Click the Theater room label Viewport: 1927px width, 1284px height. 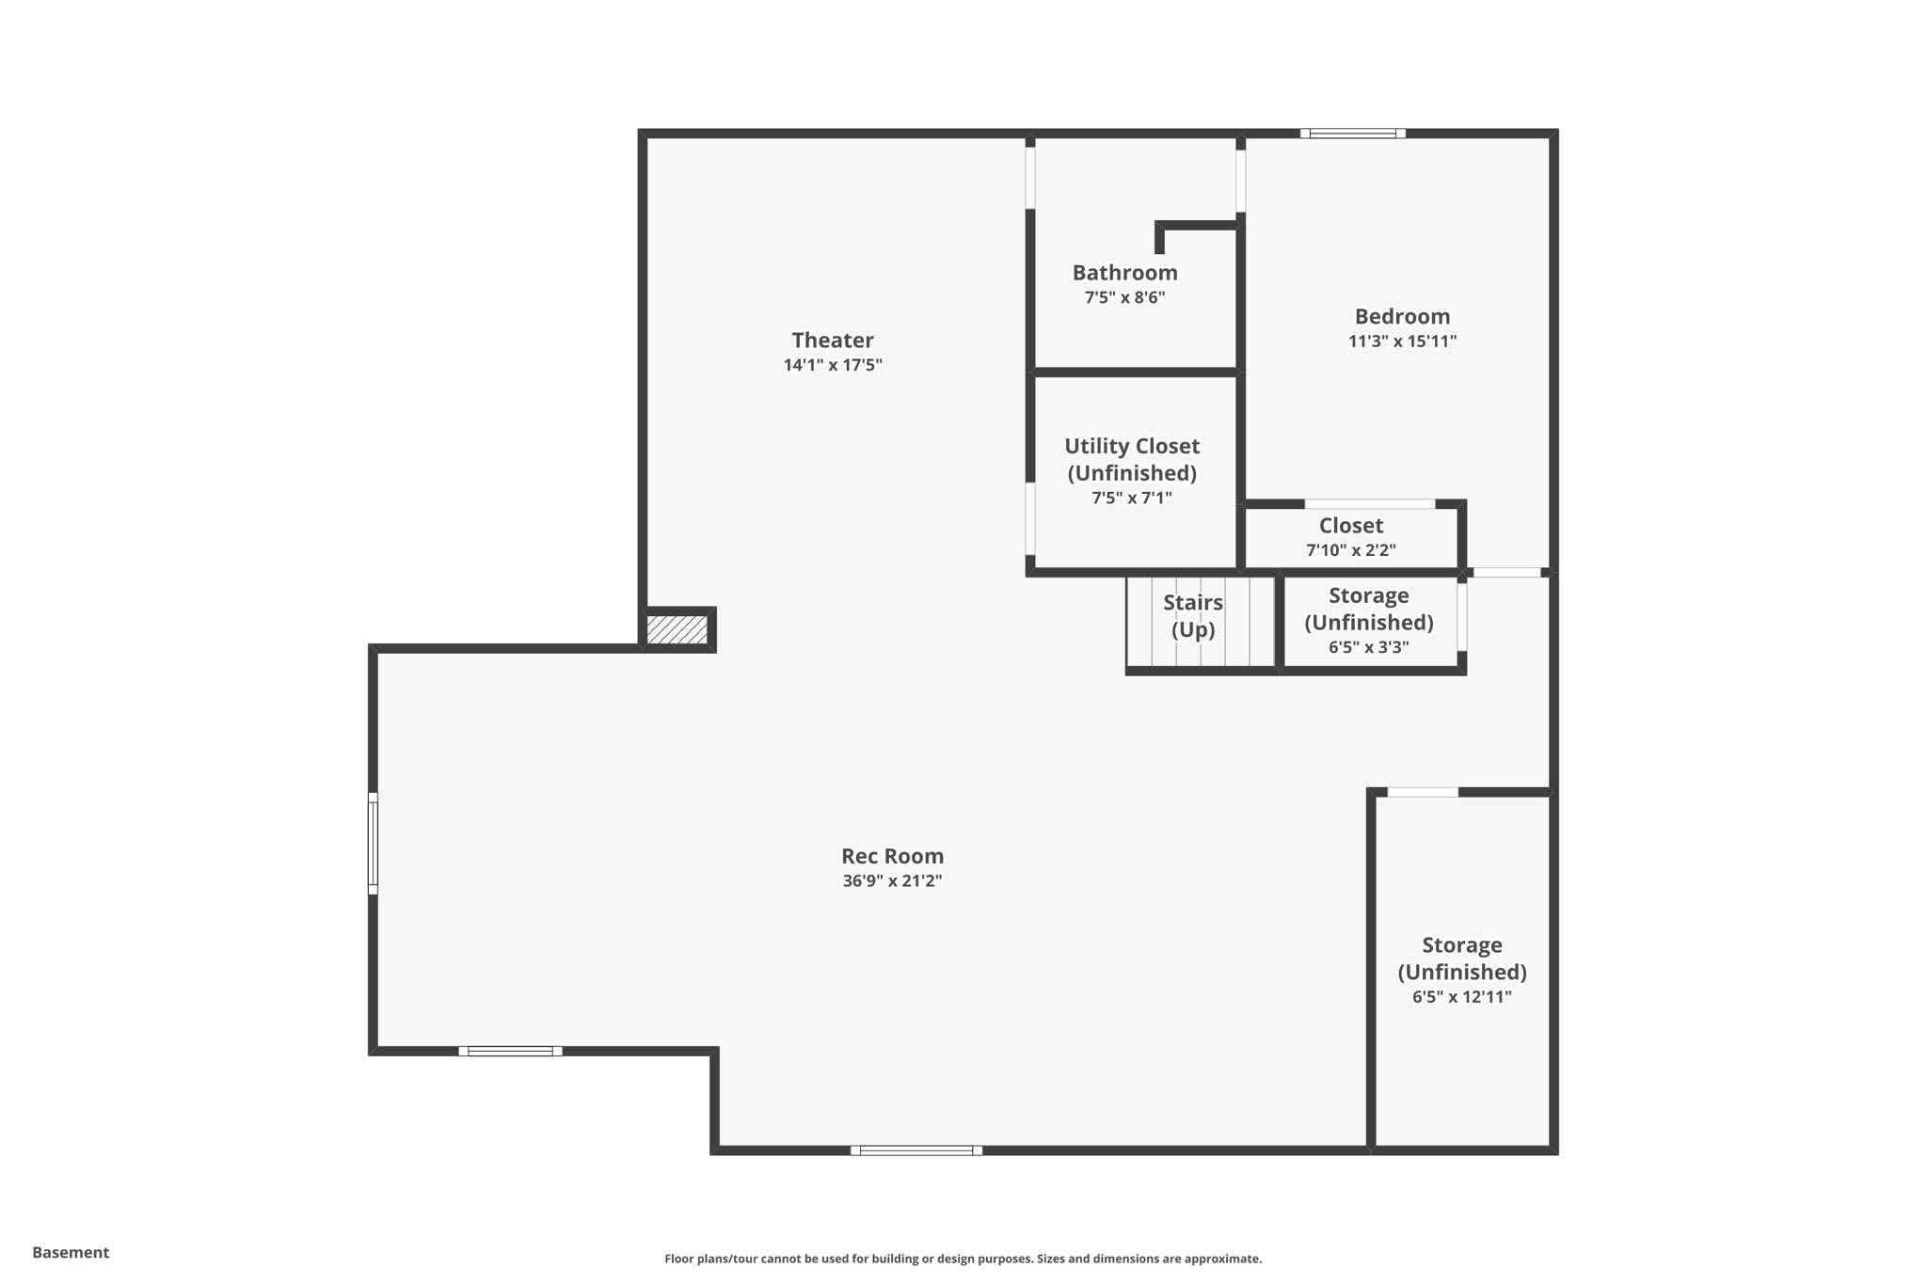point(832,340)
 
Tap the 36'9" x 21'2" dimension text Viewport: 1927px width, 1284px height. point(892,881)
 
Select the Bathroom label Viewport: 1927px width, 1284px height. point(1124,273)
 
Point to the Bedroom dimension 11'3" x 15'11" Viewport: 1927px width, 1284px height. point(1402,341)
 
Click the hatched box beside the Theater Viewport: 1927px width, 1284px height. point(677,629)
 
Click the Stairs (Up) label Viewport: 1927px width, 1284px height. point(1192,615)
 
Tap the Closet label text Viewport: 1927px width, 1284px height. point(1350,526)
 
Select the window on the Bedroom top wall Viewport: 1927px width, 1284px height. point(1353,134)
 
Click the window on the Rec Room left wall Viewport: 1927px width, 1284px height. point(373,843)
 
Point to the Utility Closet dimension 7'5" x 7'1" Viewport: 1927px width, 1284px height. point(1131,498)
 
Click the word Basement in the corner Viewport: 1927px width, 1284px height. point(71,1252)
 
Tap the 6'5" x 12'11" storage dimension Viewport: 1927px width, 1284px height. point(1461,997)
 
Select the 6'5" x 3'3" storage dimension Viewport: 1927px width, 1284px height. point(1368,647)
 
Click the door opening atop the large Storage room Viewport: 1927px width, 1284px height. point(1423,792)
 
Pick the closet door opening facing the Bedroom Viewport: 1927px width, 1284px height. point(1370,504)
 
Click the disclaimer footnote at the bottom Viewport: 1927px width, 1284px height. point(963,1259)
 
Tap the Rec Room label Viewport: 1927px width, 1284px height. point(892,856)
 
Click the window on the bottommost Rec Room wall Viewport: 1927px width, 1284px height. point(916,1150)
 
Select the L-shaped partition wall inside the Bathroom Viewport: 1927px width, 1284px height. point(1195,227)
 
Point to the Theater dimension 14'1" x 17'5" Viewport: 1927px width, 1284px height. point(832,365)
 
